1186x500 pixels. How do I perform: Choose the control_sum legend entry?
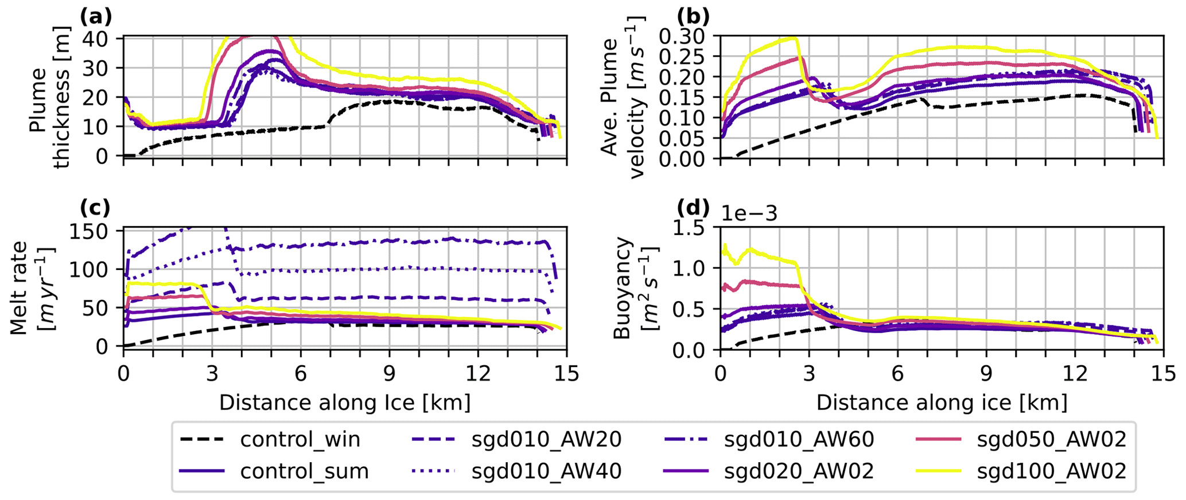click(x=304, y=471)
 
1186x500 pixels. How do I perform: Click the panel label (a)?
click(x=96, y=17)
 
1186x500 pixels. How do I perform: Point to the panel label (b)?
click(x=693, y=17)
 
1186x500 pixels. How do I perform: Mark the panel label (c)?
click(x=95, y=208)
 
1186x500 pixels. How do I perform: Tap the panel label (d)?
click(x=693, y=208)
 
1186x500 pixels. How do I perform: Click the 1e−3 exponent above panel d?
click(x=749, y=214)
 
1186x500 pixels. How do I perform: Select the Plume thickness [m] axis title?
click(x=49, y=97)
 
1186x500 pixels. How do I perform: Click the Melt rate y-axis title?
click(x=32, y=288)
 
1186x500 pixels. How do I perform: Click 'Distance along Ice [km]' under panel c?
click(x=345, y=403)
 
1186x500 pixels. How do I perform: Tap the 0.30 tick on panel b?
click(x=683, y=36)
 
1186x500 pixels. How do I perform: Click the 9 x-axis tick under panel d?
click(x=986, y=373)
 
